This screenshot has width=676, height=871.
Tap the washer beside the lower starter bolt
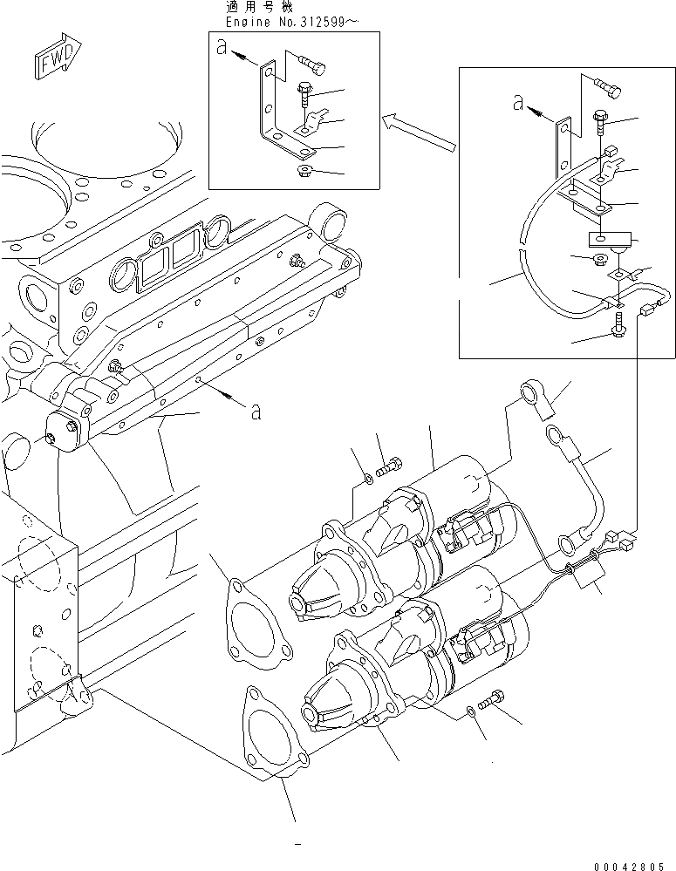click(x=472, y=711)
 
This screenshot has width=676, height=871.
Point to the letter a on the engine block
click(x=255, y=412)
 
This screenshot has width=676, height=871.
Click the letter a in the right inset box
click(x=518, y=105)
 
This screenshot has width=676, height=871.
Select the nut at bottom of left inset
click(x=305, y=168)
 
